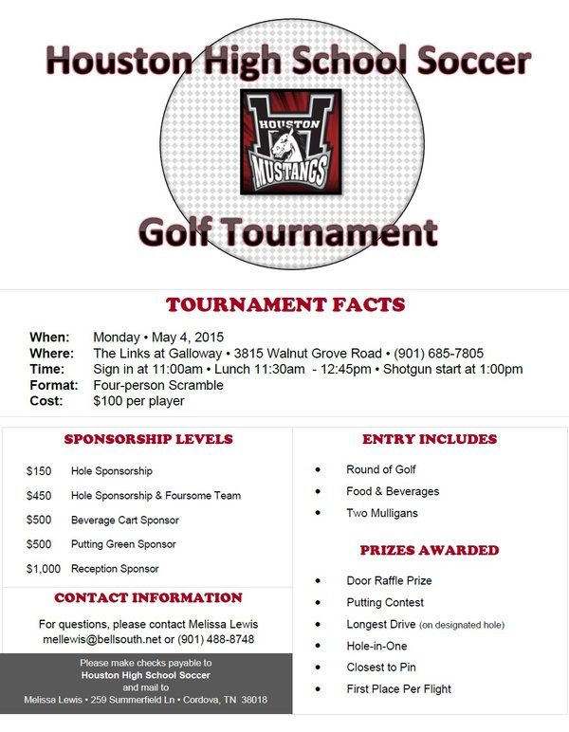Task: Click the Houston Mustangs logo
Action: pyautogui.click(x=284, y=141)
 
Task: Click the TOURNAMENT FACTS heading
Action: pyautogui.click(x=284, y=305)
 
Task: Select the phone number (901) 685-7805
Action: pyautogui.click(x=439, y=354)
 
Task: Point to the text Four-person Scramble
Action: pyautogui.click(x=158, y=385)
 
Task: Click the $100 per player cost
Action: pyautogui.click(x=138, y=401)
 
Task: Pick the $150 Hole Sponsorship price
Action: pyautogui.click(x=38, y=471)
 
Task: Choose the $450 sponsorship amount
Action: pyautogui.click(x=38, y=496)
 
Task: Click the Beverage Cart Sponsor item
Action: pyautogui.click(x=124, y=521)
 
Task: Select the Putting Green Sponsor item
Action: pyautogui.click(x=123, y=545)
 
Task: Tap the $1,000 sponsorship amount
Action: pyautogui.click(x=44, y=570)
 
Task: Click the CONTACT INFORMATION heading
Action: pyautogui.click(x=148, y=598)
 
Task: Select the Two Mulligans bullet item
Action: pyautogui.click(x=381, y=514)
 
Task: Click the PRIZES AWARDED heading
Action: pyautogui.click(x=429, y=550)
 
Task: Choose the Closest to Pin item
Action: pyautogui.click(x=381, y=668)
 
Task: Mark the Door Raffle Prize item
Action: pyautogui.click(x=389, y=580)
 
